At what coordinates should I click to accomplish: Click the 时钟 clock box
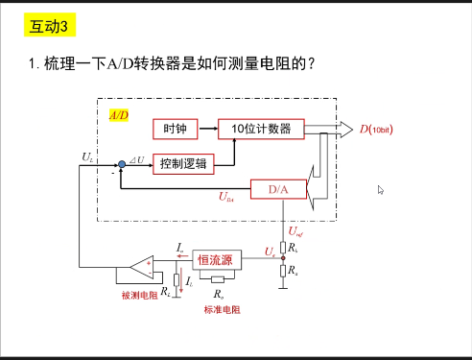pyautogui.click(x=174, y=129)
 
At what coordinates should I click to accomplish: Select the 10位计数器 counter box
pyautogui.click(x=254, y=129)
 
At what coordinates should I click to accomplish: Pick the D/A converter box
pyautogui.click(x=278, y=189)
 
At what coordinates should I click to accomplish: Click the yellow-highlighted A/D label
pyautogui.click(x=118, y=114)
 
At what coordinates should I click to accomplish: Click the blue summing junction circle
pyautogui.click(x=121, y=164)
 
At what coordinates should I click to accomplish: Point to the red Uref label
pyautogui.click(x=296, y=230)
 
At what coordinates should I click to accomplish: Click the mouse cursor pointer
pyautogui.click(x=381, y=190)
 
